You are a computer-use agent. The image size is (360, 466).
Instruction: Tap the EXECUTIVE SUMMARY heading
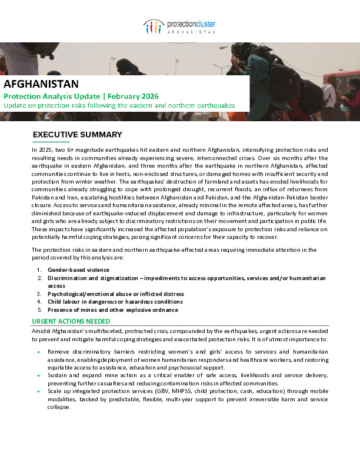(77, 135)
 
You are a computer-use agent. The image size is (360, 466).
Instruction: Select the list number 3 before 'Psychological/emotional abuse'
(39, 294)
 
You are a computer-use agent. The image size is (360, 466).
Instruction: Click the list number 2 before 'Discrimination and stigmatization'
(39, 278)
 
